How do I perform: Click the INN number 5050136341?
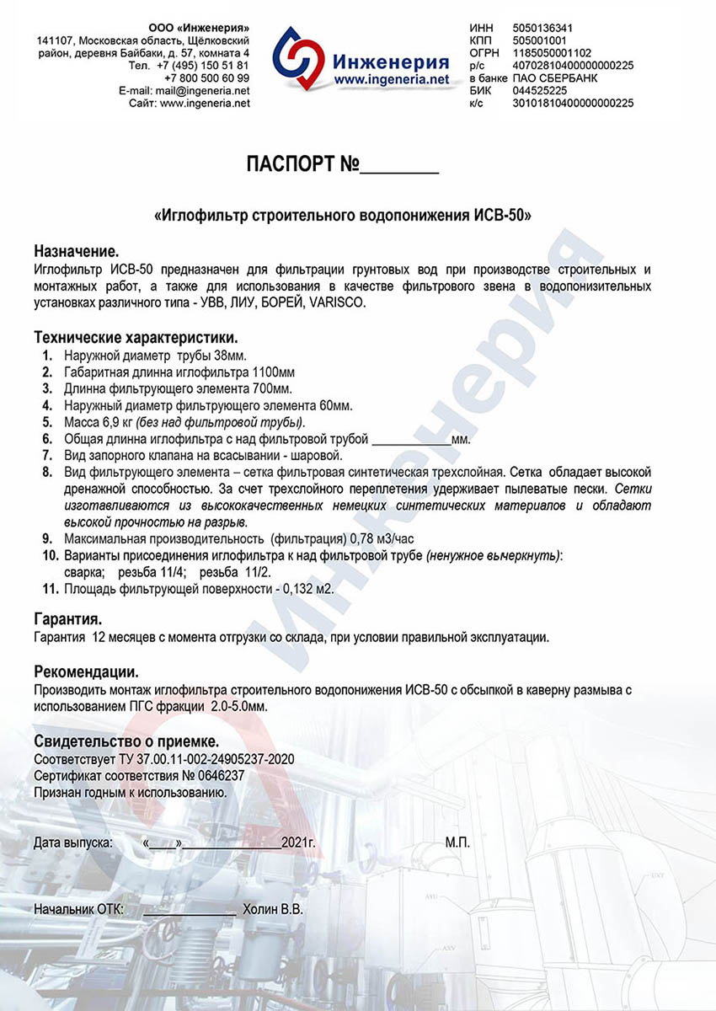click(x=541, y=28)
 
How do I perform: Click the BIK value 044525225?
click(x=539, y=90)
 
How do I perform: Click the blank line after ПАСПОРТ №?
click(x=399, y=167)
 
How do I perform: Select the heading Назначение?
click(x=77, y=251)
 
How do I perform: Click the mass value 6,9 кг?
click(x=117, y=421)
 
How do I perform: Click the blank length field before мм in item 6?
click(x=411, y=439)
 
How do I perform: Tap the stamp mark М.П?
click(x=457, y=842)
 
